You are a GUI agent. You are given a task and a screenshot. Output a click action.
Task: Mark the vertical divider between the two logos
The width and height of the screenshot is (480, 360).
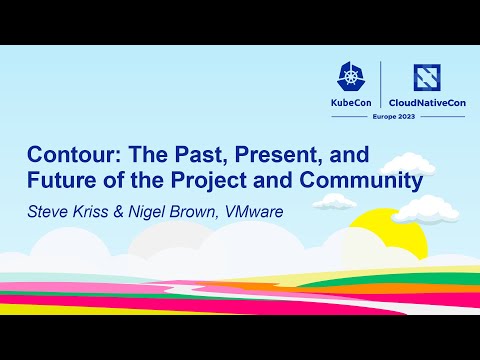381,84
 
